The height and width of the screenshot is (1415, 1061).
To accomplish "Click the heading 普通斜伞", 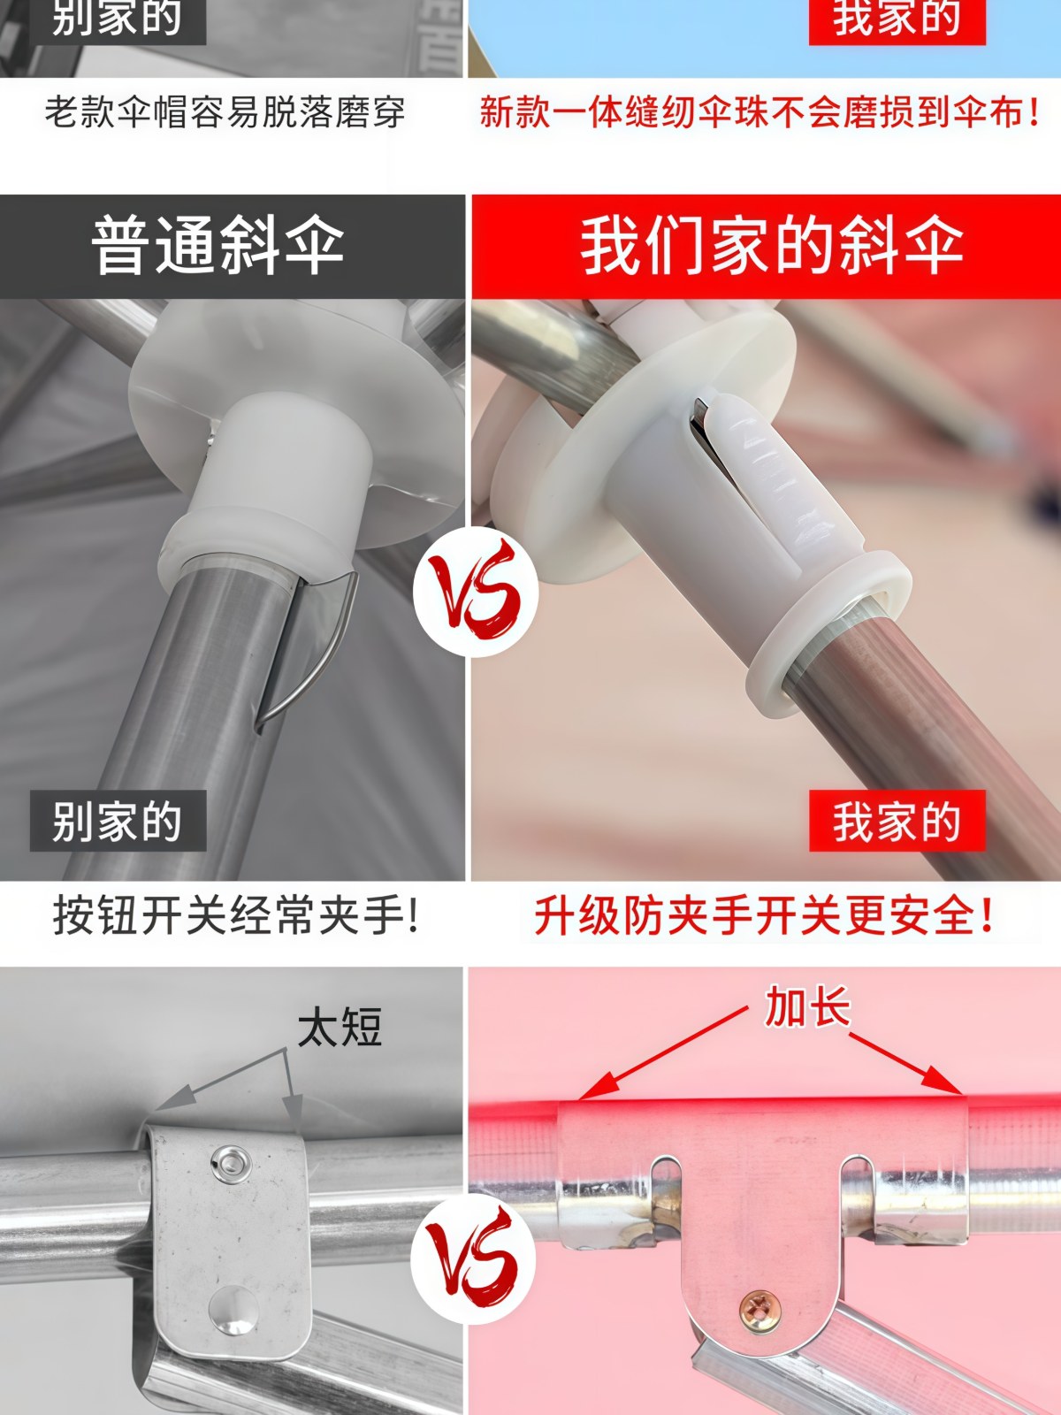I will coord(218,247).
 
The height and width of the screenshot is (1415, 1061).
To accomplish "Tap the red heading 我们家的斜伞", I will coord(771,247).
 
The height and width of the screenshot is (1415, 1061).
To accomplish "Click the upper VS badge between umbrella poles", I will coord(477,590).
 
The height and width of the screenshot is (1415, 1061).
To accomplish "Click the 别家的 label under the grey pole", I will coord(118,822).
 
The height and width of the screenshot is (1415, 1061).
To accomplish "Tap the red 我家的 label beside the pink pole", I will coord(897,822).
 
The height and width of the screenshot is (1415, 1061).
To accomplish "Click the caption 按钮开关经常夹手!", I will coord(235,914).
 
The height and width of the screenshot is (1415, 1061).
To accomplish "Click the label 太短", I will coord(340,1028).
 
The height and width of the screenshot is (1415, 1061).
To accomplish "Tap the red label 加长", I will coord(807,1007).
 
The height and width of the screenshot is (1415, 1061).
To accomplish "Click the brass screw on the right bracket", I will coord(758,1306).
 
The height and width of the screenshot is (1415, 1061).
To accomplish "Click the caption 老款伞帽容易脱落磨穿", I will coord(225,112).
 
